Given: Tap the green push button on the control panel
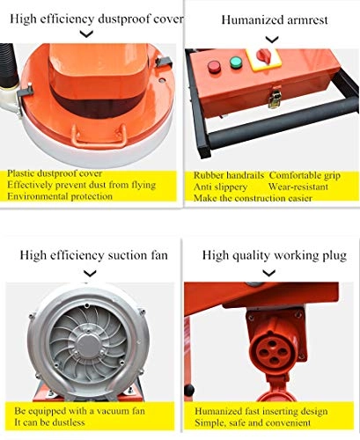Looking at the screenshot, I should [x=236, y=62].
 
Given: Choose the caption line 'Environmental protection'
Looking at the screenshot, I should [x=60, y=196].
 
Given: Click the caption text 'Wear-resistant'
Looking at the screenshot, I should [x=303, y=186].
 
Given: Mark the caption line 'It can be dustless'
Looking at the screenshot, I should [x=52, y=422].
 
